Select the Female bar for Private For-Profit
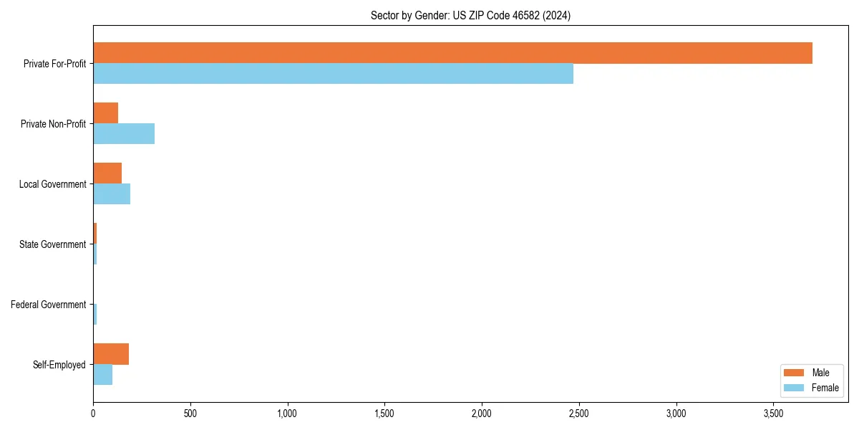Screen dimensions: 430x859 click(333, 74)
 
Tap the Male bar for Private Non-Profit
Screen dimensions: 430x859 click(105, 113)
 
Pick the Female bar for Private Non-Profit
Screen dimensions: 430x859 click(124, 134)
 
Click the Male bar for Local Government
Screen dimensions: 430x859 click(107, 173)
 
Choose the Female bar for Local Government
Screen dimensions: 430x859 click(112, 194)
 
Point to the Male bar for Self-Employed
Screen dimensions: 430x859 click(111, 354)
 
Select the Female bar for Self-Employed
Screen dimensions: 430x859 click(102, 375)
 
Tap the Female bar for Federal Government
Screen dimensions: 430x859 click(94, 315)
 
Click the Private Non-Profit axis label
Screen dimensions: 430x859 click(53, 124)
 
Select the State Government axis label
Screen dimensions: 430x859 click(52, 244)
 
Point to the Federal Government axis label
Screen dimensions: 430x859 click(48, 305)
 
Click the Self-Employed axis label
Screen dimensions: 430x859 click(59, 365)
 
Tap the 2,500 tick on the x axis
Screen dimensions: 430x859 click(579, 414)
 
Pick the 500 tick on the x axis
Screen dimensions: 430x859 click(190, 414)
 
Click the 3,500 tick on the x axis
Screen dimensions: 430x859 click(774, 414)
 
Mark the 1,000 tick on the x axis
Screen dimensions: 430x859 click(287, 414)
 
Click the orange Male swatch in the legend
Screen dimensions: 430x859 click(795, 373)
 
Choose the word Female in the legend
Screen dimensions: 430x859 click(825, 388)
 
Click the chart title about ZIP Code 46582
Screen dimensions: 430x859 click(470, 15)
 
